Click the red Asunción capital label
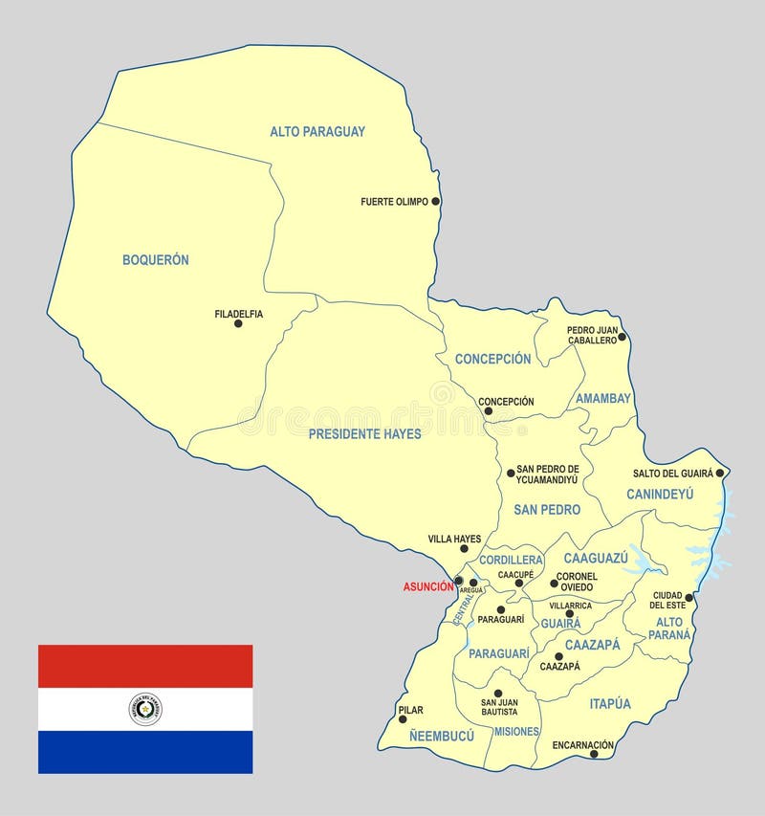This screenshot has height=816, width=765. (427, 586)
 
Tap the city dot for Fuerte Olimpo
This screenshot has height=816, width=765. (435, 201)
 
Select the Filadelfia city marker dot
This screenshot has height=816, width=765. (238, 323)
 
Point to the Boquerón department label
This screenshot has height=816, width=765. (156, 259)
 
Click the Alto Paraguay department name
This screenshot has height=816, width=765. (317, 132)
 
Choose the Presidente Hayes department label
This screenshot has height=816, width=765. (365, 433)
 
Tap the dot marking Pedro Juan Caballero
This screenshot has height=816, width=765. (622, 336)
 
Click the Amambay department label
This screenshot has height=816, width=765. (603, 398)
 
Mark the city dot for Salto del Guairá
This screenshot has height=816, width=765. (719, 473)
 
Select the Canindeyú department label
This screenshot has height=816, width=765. (660, 494)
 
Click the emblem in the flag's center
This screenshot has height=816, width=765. (145, 709)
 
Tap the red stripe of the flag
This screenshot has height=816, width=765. (145, 666)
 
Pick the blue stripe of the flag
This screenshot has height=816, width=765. (145, 751)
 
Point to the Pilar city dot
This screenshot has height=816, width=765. (403, 718)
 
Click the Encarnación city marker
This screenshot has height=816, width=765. (594, 754)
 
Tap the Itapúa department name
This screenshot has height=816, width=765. (610, 703)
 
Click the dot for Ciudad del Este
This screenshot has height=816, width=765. (688, 597)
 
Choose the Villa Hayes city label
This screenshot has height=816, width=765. (454, 539)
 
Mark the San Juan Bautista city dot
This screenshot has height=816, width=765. (497, 694)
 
